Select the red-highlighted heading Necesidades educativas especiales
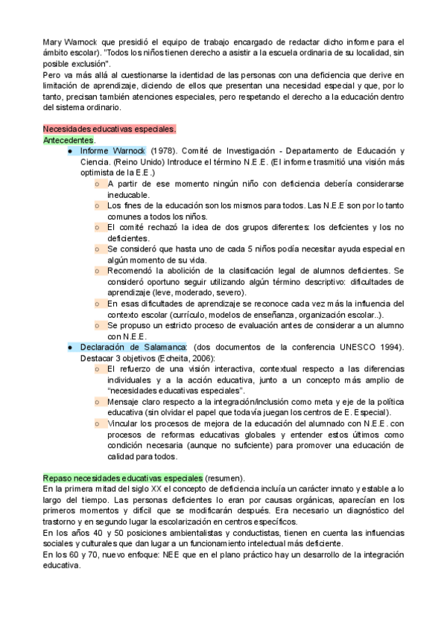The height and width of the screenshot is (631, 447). (110, 129)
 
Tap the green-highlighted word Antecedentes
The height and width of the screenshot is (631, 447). (69, 140)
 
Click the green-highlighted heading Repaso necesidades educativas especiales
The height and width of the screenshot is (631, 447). (123, 477)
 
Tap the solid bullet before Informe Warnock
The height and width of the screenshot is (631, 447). (69, 151)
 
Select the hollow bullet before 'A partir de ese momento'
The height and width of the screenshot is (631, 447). (98, 183)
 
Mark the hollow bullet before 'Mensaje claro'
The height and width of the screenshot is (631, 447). (98, 401)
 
